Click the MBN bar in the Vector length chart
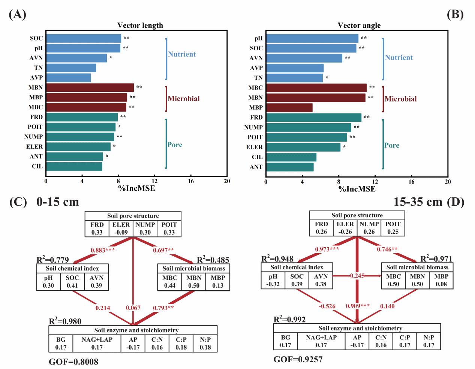click(x=90, y=88)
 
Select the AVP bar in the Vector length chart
click(x=69, y=78)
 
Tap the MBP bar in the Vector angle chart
click(x=289, y=108)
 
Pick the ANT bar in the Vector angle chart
click(x=290, y=167)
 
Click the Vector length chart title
click(x=140, y=25)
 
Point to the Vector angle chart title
click(x=359, y=25)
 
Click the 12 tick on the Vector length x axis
click(x=154, y=181)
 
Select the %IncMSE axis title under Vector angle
click(x=357, y=189)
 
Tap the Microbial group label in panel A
click(x=184, y=99)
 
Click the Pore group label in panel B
click(x=392, y=145)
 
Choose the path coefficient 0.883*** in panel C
click(x=103, y=250)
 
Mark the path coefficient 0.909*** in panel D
click(x=358, y=306)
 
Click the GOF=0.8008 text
click(x=73, y=362)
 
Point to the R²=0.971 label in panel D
click(x=436, y=259)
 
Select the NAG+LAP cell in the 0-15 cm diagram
click(x=97, y=344)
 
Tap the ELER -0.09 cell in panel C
click(x=121, y=229)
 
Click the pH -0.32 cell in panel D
click(x=273, y=280)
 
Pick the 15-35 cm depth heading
click(x=418, y=202)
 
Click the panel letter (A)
click(x=17, y=14)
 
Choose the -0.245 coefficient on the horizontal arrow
click(x=357, y=276)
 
